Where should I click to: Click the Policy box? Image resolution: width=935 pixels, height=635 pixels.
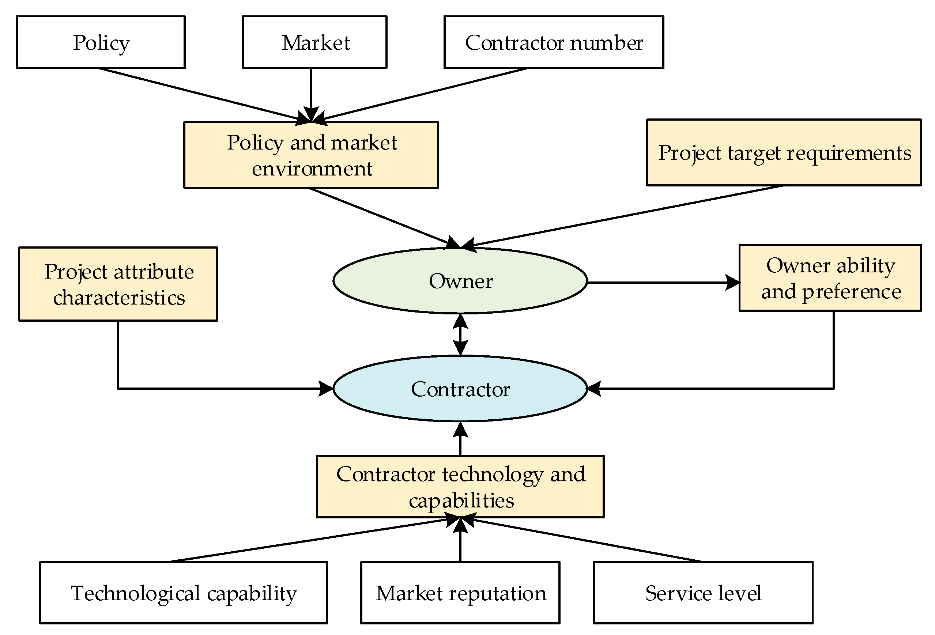[x=101, y=42]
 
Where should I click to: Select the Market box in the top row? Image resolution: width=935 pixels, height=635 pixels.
[x=314, y=42]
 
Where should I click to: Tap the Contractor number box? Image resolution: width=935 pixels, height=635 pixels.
[x=554, y=42]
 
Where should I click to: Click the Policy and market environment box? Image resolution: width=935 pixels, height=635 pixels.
[x=311, y=155]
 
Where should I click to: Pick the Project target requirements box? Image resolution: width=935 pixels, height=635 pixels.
[x=784, y=153]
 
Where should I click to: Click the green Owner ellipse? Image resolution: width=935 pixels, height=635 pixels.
[x=460, y=281]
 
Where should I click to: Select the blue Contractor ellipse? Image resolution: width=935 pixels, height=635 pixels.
[x=460, y=389]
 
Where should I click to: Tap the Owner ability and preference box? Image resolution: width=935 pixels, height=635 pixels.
[x=830, y=278]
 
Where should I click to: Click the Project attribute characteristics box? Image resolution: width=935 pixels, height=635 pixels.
[x=118, y=284]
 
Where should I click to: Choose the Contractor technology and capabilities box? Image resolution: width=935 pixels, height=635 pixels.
[x=460, y=487]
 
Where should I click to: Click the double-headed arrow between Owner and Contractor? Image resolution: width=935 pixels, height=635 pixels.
[x=460, y=334]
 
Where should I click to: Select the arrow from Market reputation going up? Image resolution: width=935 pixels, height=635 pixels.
[x=460, y=541]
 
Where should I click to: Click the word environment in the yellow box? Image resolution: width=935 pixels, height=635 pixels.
[x=312, y=169]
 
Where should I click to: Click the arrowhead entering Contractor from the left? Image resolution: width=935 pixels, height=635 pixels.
[x=326, y=389]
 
